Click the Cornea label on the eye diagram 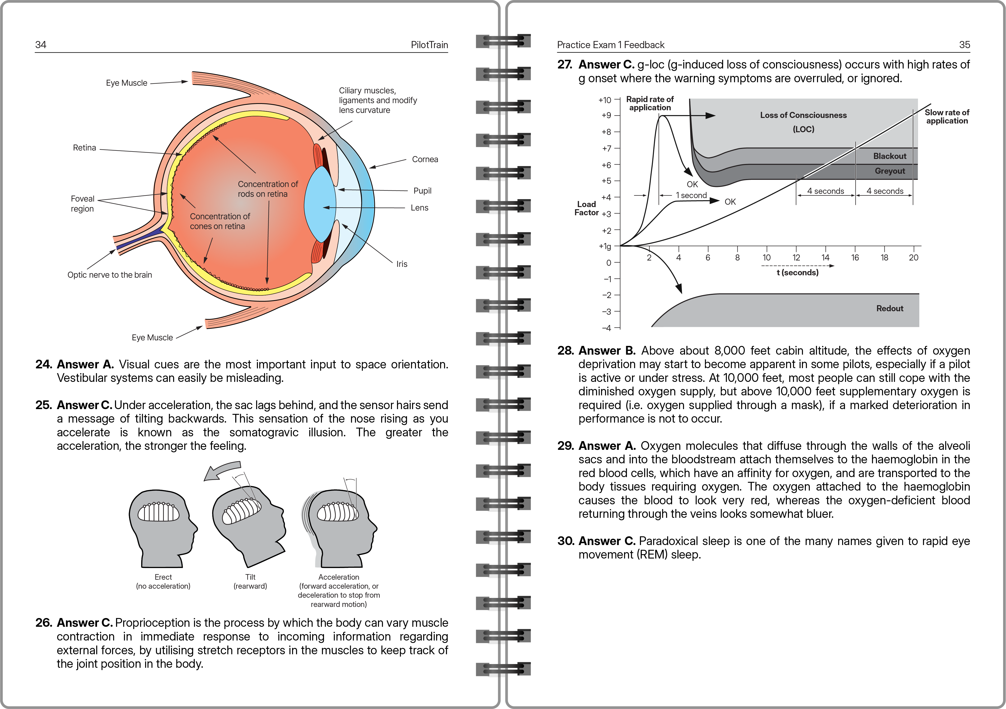coord(424,159)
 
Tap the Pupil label coord(422,191)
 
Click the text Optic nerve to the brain coord(109,275)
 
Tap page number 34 coord(41,45)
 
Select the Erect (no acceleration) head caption coord(163,582)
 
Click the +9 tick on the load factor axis coord(606,115)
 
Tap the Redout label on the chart coord(889,308)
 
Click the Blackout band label coord(889,156)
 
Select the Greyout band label coord(889,171)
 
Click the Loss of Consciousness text coord(803,115)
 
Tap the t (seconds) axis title coord(797,272)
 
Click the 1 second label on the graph coord(691,195)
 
